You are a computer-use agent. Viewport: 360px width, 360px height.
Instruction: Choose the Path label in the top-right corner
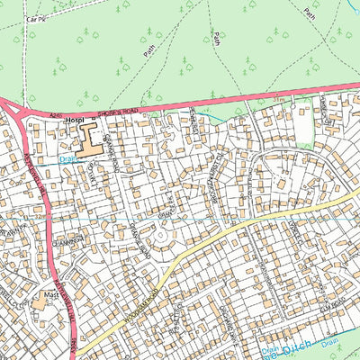tap(311, 13)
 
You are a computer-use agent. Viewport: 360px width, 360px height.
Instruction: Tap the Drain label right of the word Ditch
tap(334, 343)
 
